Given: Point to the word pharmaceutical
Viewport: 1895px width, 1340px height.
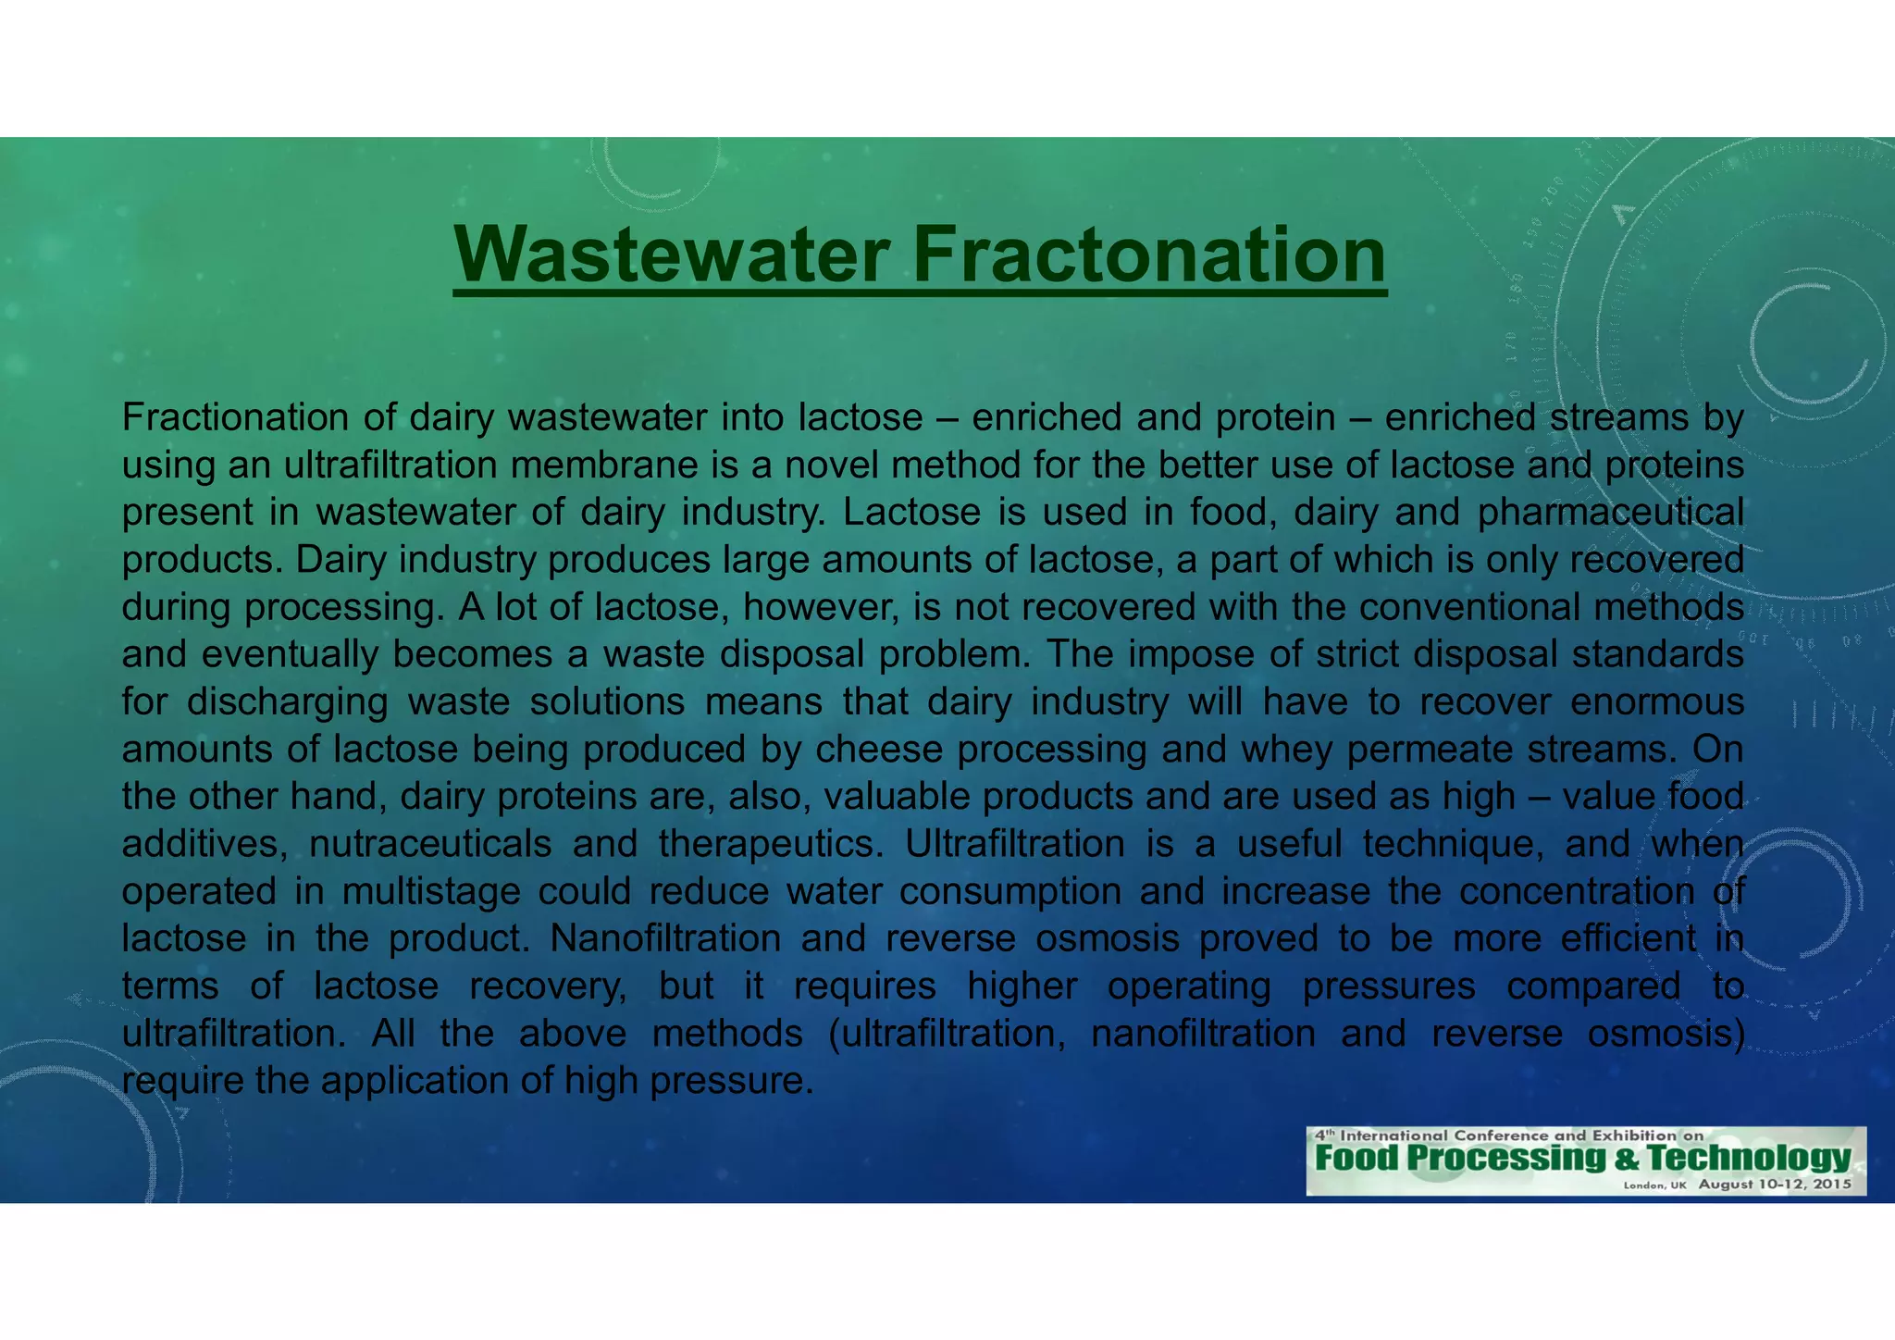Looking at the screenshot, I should pyautogui.click(x=1611, y=513).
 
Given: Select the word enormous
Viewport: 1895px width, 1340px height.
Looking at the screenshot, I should pyautogui.click(x=1657, y=702).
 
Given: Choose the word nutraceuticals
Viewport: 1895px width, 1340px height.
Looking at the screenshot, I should pyautogui.click(x=430, y=845).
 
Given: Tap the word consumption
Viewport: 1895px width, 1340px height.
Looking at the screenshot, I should pyautogui.click(x=1010, y=892).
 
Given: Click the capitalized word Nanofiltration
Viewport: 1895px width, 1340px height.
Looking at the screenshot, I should pyautogui.click(x=665, y=939).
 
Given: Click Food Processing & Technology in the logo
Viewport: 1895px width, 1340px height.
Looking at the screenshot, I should pyautogui.click(x=1582, y=1158).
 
